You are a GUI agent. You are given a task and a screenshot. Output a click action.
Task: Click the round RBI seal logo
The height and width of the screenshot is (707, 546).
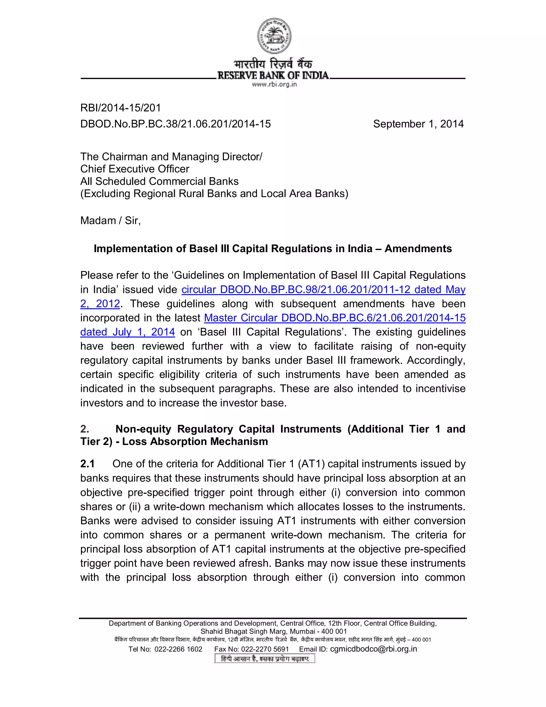click(274, 36)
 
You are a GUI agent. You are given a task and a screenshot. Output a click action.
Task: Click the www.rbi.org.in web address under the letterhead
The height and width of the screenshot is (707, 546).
click(274, 85)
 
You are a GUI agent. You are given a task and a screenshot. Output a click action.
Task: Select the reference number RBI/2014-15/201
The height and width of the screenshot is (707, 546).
click(120, 108)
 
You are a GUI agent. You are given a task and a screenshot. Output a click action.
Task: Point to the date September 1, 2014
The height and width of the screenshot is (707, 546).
click(418, 124)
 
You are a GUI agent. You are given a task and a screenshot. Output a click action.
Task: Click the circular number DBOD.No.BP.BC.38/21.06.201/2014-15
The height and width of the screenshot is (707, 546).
click(175, 124)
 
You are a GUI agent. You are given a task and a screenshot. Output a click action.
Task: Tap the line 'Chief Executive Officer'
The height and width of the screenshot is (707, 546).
click(135, 169)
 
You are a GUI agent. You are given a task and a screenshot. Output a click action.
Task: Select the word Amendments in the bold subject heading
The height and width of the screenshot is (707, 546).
click(418, 249)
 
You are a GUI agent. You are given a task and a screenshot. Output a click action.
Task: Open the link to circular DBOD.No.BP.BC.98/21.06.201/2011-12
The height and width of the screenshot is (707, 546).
click(323, 289)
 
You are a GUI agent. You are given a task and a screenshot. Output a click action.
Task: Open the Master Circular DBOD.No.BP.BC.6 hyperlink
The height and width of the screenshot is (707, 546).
click(335, 318)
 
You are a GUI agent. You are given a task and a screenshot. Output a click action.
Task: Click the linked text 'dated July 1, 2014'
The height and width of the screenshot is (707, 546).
click(127, 332)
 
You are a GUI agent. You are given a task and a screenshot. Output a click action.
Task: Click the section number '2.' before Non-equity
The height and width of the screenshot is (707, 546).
click(85, 429)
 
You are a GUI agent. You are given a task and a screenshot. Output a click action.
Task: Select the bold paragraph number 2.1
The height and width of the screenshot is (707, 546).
click(87, 464)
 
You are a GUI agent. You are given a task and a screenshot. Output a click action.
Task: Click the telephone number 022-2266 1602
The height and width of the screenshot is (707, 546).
click(178, 649)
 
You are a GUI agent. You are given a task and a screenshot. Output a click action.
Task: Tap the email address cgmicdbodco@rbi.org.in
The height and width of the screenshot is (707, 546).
click(373, 649)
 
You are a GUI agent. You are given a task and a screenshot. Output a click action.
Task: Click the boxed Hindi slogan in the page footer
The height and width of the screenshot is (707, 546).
click(264, 659)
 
